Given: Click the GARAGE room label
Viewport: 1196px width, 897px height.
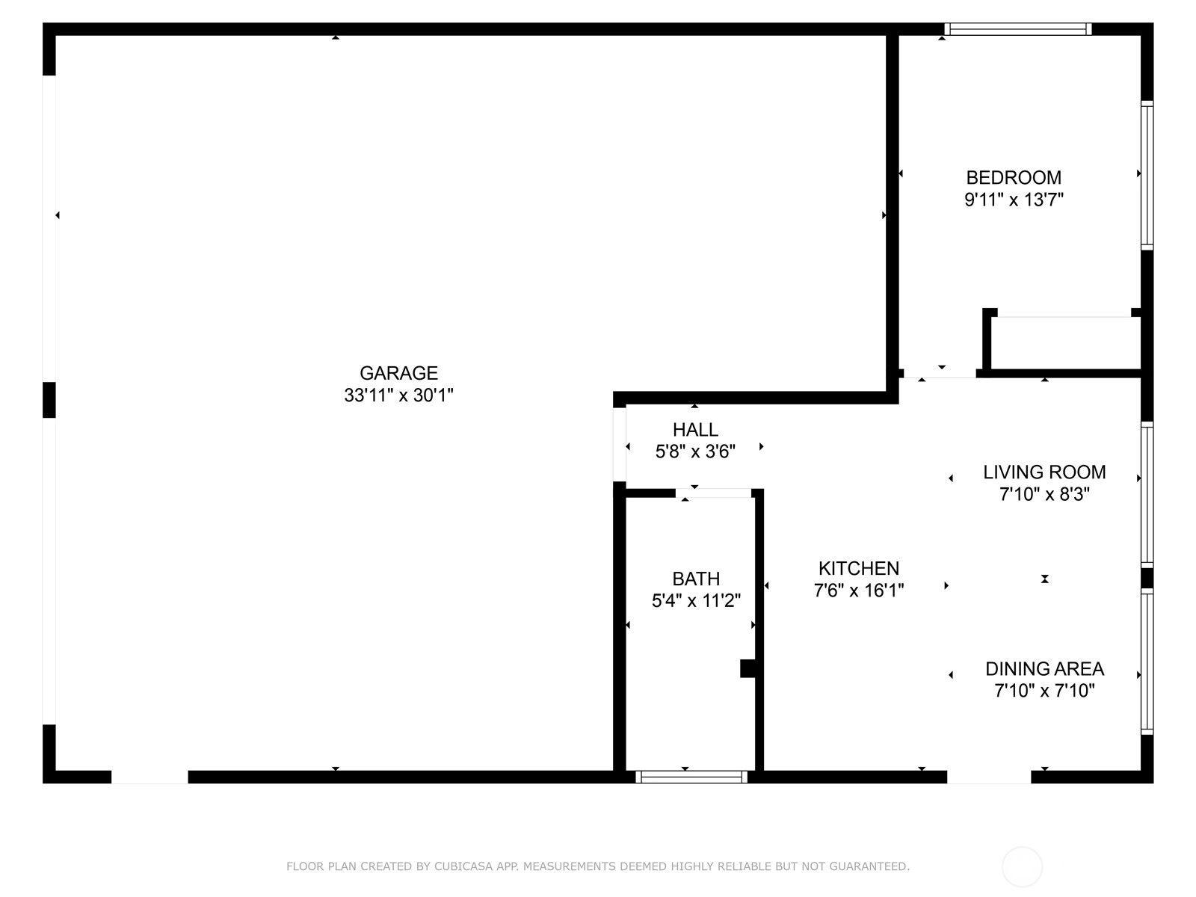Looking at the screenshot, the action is (x=398, y=373).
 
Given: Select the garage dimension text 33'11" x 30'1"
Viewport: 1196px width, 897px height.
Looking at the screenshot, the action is (x=398, y=395).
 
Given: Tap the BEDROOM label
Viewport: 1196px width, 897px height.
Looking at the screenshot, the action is (x=1014, y=178).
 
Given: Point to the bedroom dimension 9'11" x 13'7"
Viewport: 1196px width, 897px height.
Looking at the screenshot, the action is (x=1014, y=200).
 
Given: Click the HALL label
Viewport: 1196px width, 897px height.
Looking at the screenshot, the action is (x=695, y=430).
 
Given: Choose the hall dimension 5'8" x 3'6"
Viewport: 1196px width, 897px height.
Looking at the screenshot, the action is (x=695, y=451).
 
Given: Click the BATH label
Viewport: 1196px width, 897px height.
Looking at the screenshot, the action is (x=696, y=579).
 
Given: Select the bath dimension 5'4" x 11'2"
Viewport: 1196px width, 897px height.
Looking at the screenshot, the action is (x=696, y=601).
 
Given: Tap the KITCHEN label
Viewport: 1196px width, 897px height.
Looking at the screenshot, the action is (x=859, y=569).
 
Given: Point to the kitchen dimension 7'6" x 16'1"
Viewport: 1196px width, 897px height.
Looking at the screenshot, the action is (x=859, y=591).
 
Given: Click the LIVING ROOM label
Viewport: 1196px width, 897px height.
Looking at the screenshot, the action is (x=1044, y=472).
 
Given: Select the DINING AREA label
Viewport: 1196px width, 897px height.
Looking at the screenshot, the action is (x=1044, y=669).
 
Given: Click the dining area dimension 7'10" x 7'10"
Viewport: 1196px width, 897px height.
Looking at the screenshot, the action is (x=1044, y=691).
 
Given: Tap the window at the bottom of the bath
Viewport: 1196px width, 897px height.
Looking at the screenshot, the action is (x=691, y=777).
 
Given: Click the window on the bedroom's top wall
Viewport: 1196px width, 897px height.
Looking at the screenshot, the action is (x=1018, y=29).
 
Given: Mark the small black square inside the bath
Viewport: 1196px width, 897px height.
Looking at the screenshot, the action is (x=747, y=669).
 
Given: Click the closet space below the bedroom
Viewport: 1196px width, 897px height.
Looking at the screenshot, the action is (x=1065, y=343).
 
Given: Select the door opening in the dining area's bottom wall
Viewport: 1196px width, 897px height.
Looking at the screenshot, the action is (x=989, y=777).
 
